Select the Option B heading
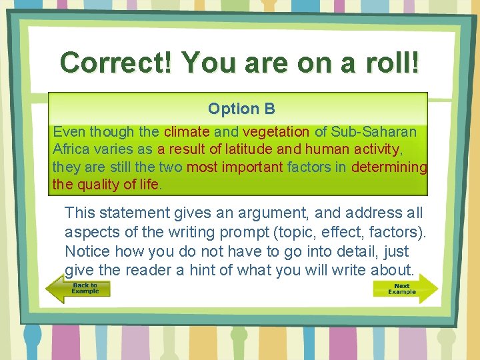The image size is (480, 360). (x=241, y=109)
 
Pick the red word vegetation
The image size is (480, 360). (x=276, y=132)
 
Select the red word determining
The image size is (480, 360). (x=389, y=167)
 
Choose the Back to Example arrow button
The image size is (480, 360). (x=77, y=289)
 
